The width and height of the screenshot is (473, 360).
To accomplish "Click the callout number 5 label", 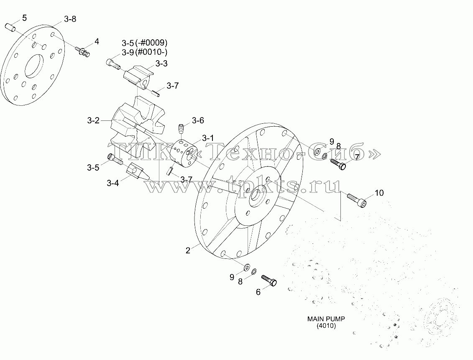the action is point(24,18).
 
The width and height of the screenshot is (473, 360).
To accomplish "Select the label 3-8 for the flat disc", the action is point(70,19).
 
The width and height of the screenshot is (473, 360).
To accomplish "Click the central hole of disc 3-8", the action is point(34,66).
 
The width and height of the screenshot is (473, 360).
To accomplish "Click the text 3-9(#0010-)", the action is point(145,52).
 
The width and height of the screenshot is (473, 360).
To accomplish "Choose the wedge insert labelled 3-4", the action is point(138,172).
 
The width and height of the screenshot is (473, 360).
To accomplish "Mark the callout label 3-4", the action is point(112,183).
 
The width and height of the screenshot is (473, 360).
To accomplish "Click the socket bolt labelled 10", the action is point(357,201).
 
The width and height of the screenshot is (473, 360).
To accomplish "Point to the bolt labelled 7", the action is point(338,164).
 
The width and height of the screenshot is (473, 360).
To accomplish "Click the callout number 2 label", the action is point(188,250).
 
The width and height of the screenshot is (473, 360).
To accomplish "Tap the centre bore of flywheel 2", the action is point(258,197).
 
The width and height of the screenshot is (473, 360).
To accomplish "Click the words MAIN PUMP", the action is point(326,319).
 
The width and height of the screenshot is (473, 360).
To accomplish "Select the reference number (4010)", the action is point(326,326).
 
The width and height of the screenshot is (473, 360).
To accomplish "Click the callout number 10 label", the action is point(379,193).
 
